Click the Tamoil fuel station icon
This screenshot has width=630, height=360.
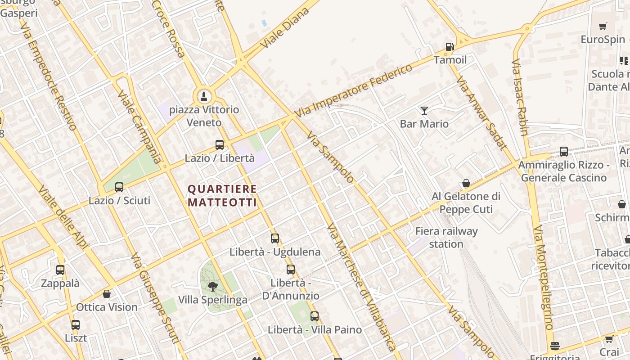coord(449,47)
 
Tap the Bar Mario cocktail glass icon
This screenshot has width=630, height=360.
coord(424,110)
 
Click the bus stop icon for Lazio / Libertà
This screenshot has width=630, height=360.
coord(220,145)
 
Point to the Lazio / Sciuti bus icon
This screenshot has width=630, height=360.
coord(119,187)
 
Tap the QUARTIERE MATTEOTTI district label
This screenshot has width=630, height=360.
coord(222,196)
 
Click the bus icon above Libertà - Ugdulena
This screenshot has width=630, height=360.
coord(275,238)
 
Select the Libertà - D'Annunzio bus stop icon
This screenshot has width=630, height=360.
coord(291,270)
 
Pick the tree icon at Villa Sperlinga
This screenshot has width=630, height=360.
coord(213,286)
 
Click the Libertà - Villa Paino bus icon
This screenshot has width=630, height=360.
coord(315,316)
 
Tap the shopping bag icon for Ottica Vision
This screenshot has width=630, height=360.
coord(107,294)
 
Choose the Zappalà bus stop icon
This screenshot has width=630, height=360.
coord(60,270)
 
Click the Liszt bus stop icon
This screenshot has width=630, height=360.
coord(76,324)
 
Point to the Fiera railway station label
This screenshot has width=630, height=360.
coord(446,238)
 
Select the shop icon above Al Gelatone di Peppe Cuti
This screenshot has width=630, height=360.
coord(466,183)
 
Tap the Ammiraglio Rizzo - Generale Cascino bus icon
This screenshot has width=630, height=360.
coord(564,152)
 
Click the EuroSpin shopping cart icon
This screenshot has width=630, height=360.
coord(603,26)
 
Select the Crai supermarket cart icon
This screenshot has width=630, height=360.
coord(609,339)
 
